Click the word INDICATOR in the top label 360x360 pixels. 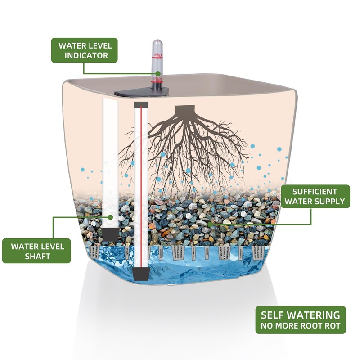[x=86, y=55]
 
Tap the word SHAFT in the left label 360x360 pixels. [x=37, y=256]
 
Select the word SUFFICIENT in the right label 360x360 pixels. [x=315, y=192]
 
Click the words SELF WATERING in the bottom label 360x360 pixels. [x=300, y=315]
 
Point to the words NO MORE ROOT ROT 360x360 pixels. [x=301, y=325]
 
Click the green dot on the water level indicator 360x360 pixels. [x=158, y=74]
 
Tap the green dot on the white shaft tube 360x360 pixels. [x=111, y=217]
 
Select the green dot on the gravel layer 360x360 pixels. [x=209, y=224]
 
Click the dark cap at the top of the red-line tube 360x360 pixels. [x=141, y=105]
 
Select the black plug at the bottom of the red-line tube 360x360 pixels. [x=141, y=274]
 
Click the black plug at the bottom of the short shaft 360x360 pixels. [x=110, y=234]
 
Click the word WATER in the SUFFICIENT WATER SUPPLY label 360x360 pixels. [x=298, y=202]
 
